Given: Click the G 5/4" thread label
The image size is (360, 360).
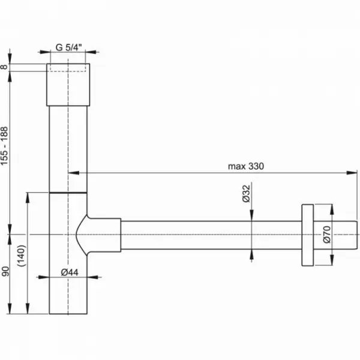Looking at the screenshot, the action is point(68,47).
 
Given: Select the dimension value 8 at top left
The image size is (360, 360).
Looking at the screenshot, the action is point(4,67).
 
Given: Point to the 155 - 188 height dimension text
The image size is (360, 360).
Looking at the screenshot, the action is point(4,146).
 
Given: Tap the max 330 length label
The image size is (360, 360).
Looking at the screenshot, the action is point(246,166).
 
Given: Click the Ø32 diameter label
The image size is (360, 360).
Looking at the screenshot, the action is point(246,194).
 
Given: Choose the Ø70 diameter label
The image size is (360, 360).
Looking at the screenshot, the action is point(327,235).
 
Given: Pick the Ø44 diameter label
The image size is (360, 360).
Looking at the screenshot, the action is point(70,272).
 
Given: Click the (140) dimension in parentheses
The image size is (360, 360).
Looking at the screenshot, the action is point(22,256).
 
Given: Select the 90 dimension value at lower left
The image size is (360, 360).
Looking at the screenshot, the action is point(5,271).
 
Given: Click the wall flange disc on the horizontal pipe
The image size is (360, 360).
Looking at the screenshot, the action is point(308,235).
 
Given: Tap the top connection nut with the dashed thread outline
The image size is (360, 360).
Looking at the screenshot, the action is point(68,85).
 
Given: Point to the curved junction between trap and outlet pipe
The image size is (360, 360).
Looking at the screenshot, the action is point(82,235).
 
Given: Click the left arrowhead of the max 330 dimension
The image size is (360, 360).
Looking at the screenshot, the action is point(74,173).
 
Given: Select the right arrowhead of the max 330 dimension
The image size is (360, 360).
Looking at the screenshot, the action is point(352,173).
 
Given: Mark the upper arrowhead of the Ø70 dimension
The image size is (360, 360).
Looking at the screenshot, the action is point(332,209).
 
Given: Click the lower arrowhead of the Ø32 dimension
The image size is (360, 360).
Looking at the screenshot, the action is point(251,254).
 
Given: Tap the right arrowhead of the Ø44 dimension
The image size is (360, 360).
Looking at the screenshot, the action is point(93,277).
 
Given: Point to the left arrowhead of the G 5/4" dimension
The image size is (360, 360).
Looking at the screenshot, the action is point(45,52).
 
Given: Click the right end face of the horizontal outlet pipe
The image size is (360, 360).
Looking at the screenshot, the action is point(357,235).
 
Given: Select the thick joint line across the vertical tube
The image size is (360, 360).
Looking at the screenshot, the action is point(68,193).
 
